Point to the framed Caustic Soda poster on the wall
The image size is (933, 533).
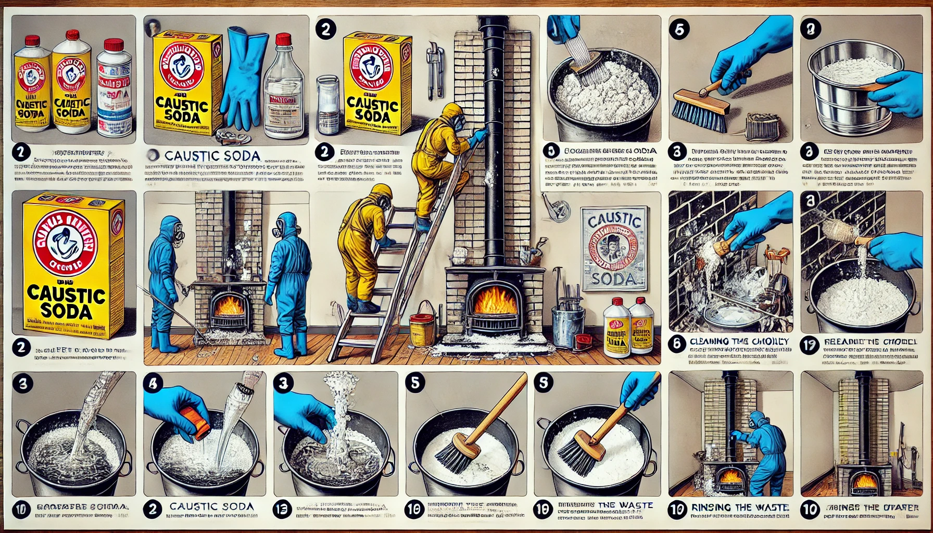click(614, 249)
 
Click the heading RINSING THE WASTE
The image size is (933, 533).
click(740, 507)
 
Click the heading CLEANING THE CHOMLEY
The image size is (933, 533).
click(739, 341)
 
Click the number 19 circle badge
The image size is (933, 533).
click(810, 345)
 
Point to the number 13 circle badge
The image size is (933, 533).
click(282, 510)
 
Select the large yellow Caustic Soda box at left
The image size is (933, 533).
click(68, 265)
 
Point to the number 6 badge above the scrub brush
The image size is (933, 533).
click(680, 29)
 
